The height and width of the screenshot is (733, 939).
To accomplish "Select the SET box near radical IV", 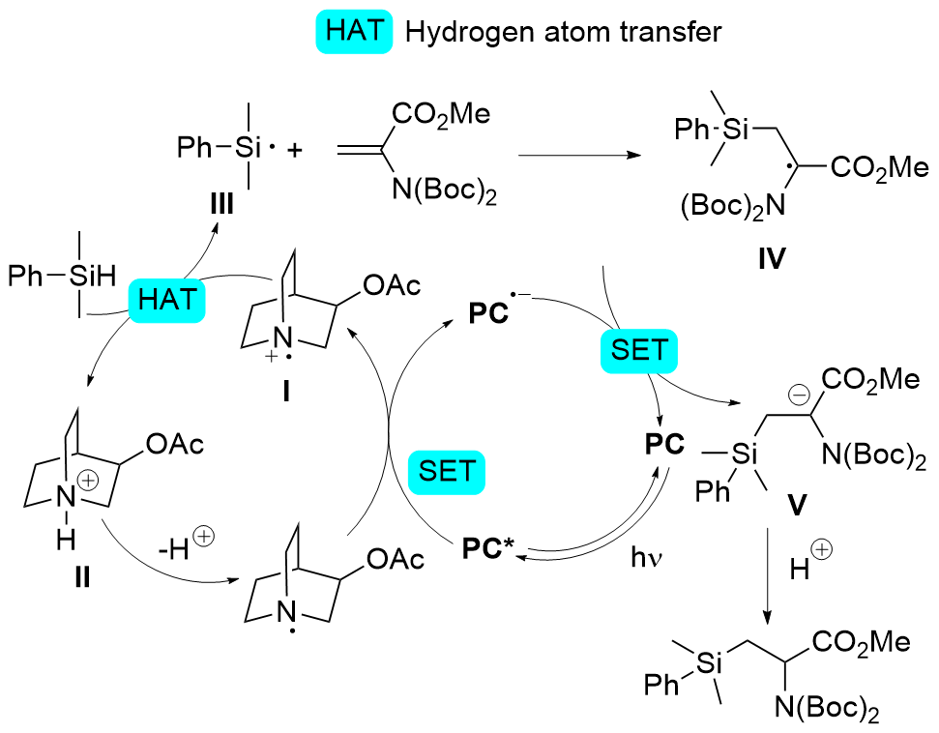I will pos(639,349).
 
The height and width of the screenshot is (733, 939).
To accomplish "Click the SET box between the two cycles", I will pos(448,471).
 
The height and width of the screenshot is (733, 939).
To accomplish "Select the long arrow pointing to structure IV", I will pos(579,155).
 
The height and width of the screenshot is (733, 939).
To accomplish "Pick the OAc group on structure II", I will pos(174,444).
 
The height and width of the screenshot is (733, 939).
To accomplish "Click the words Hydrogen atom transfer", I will pos(564,32).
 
